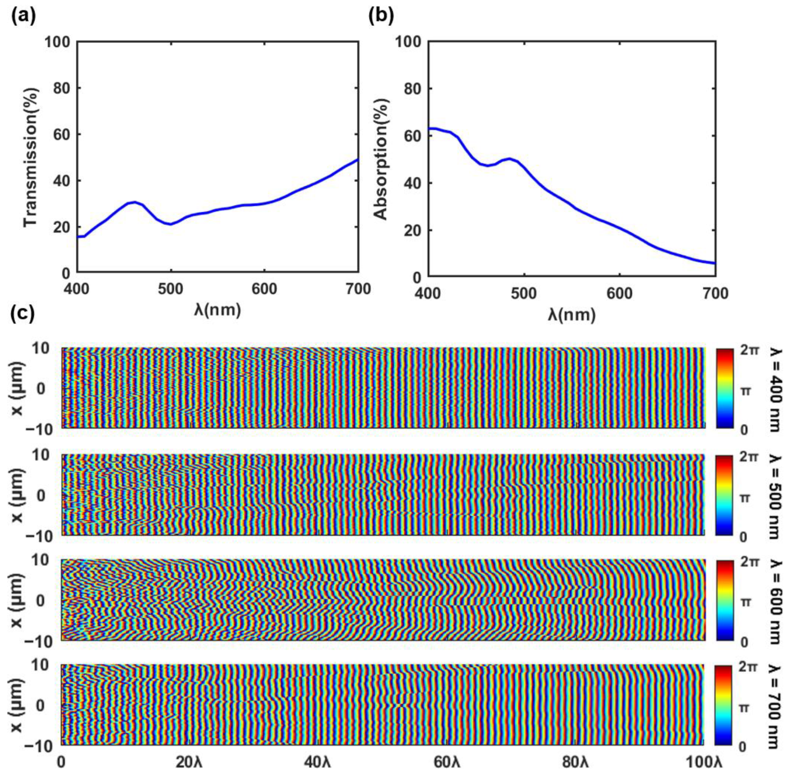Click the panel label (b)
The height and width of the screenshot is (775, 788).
[x=381, y=16]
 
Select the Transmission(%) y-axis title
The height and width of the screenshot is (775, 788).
[x=31, y=157]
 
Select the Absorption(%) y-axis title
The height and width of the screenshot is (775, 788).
[x=381, y=159]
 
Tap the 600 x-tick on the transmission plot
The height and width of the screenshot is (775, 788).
[x=264, y=289]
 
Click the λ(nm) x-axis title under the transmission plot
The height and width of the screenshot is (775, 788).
[x=217, y=310]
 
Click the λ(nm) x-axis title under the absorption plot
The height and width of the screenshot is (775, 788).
[x=572, y=314]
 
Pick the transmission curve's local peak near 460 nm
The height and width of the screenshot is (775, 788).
[x=134, y=202]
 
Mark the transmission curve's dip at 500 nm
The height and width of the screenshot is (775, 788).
[x=171, y=224]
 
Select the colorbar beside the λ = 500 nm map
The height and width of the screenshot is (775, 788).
[x=724, y=496]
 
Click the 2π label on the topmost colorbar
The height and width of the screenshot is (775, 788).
[x=750, y=350]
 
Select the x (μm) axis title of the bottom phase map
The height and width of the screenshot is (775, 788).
[x=18, y=705]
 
